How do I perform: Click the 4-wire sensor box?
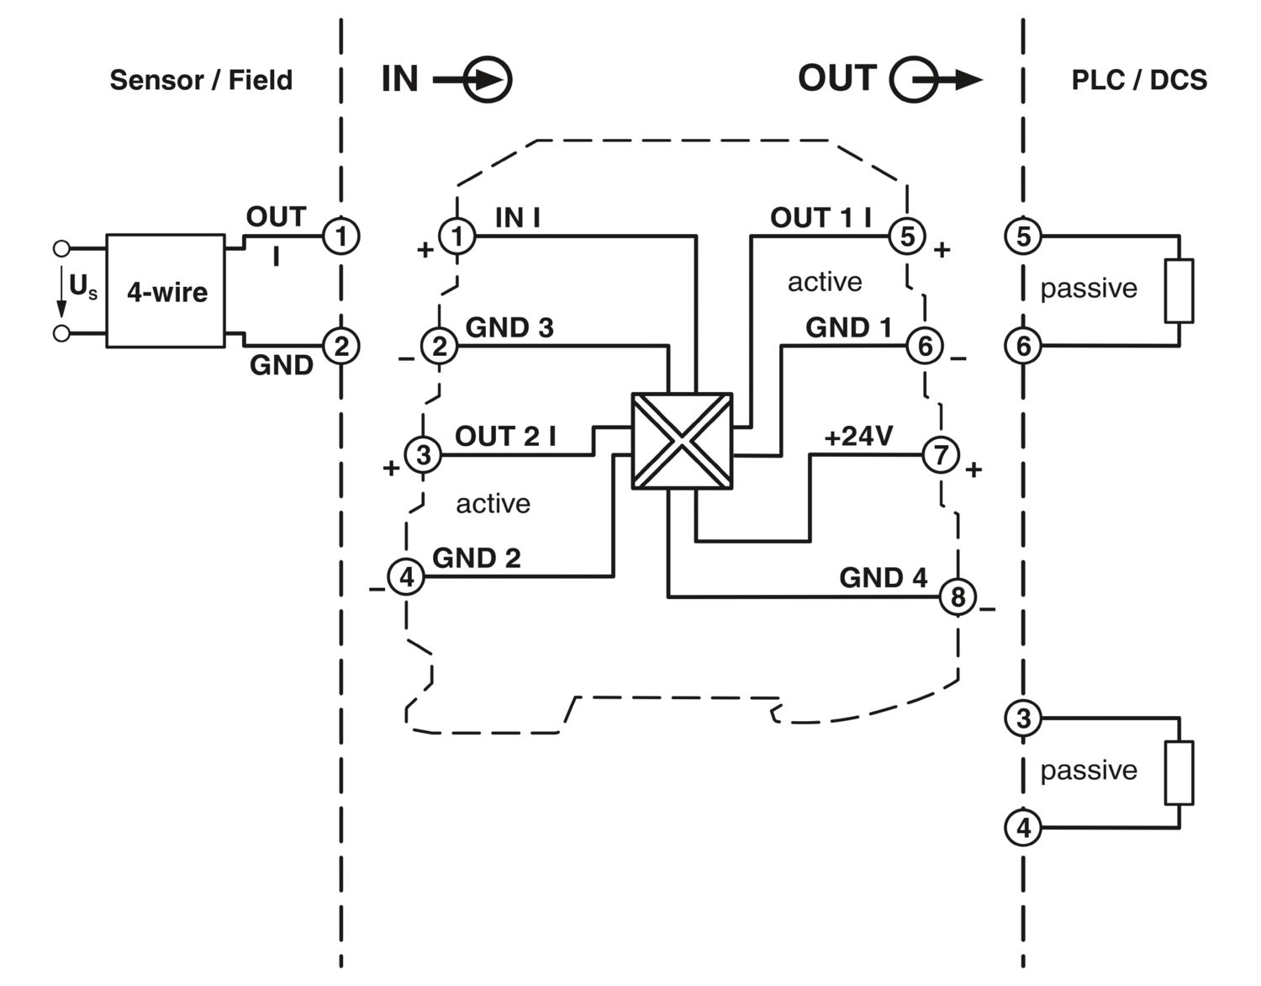tap(166, 291)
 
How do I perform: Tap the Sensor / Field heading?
tap(201, 80)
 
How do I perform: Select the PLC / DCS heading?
tap(1138, 80)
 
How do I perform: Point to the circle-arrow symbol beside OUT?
tap(915, 81)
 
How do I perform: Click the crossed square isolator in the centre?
tap(682, 441)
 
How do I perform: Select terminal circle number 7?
tap(941, 455)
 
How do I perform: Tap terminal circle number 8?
tap(958, 597)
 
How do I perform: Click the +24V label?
tap(858, 437)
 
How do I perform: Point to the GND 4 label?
tap(883, 578)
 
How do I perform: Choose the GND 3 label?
tap(509, 327)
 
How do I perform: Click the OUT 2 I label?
tap(505, 437)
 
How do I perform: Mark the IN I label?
tap(518, 218)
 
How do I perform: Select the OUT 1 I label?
tap(820, 218)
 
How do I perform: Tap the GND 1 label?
tap(848, 327)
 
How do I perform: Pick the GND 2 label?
tap(476, 558)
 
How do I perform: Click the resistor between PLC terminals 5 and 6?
tap(1179, 291)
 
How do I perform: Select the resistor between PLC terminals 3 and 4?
tap(1179, 772)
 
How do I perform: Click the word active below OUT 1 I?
tap(825, 282)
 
